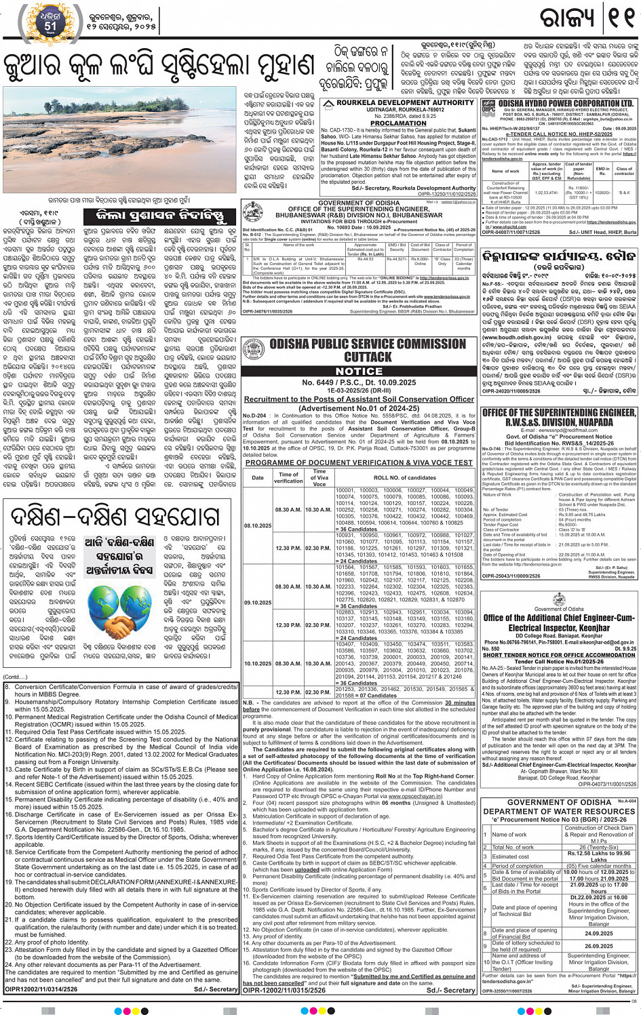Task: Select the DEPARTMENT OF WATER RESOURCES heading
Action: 559,811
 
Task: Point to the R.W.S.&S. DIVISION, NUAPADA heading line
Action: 558,422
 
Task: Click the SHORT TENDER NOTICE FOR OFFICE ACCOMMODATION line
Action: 558,655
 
